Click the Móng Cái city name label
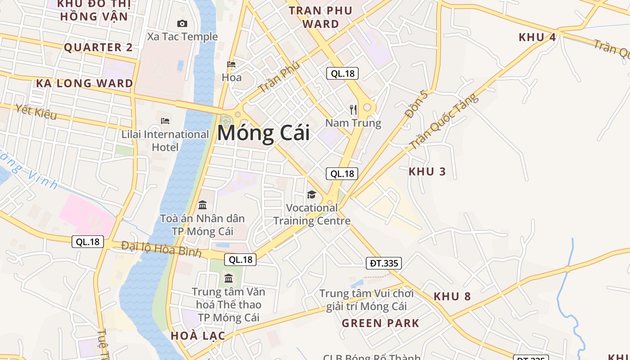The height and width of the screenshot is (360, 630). click(264, 134)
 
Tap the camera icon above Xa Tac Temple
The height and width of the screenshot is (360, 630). click(182, 24)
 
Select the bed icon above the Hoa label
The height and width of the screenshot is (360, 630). click(231, 64)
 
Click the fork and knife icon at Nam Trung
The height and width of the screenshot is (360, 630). click(353, 109)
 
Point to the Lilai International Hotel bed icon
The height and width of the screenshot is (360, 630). click(165, 121)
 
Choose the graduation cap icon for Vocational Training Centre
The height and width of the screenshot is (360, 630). click(311, 194)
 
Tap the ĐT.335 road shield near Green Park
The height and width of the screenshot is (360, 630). click(383, 263)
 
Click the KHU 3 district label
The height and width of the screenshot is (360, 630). click(427, 171)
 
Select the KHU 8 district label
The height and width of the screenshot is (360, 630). click(452, 296)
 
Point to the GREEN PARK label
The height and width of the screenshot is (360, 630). click(380, 323)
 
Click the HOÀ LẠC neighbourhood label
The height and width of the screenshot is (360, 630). click(198, 336)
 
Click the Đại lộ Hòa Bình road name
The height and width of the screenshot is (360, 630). click(161, 249)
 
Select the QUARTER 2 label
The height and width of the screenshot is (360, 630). click(99, 47)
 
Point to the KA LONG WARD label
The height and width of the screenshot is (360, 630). click(85, 83)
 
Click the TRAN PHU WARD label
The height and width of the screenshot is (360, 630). click(320, 17)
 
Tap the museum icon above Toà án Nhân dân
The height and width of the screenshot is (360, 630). click(202, 205)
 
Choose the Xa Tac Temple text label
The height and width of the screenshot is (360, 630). click(182, 37)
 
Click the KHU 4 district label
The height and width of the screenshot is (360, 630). click(537, 37)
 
